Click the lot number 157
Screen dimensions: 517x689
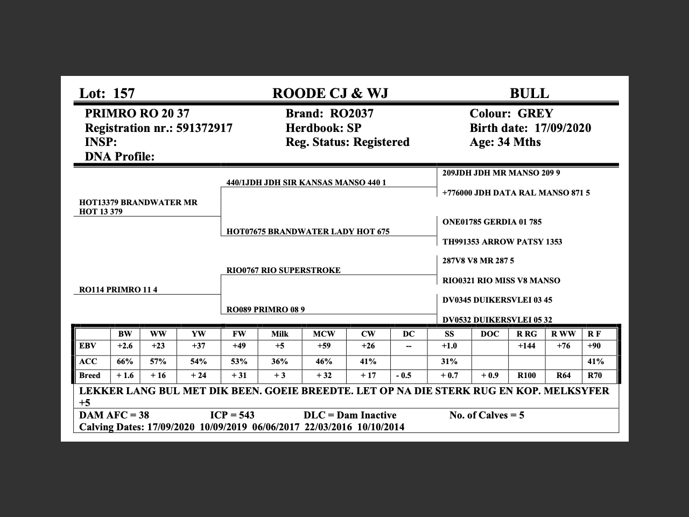tap(124, 93)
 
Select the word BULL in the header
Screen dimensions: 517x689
tap(529, 93)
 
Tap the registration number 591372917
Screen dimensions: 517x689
tap(205, 128)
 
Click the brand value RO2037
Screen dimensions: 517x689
tap(351, 114)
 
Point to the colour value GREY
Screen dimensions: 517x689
tap(535, 114)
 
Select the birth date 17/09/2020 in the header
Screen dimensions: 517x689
tap(563, 128)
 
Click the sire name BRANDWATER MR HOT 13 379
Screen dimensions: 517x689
tap(138, 207)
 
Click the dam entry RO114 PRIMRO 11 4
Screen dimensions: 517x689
tap(118, 290)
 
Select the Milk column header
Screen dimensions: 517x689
tap(279, 334)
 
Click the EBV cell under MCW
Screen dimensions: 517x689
tap(324, 346)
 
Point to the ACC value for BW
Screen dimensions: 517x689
tap(125, 361)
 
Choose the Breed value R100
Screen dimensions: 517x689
tap(526, 375)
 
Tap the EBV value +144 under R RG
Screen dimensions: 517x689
tap(526, 346)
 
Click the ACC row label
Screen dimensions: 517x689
tap(88, 361)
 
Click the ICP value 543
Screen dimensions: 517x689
tap(246, 415)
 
